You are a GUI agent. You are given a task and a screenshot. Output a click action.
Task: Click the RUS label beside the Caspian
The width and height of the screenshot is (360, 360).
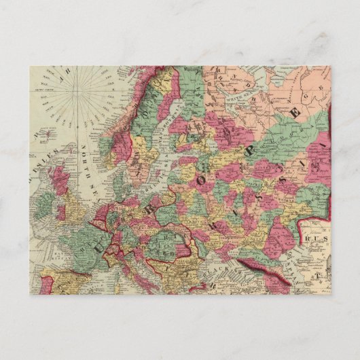coord(313,238)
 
